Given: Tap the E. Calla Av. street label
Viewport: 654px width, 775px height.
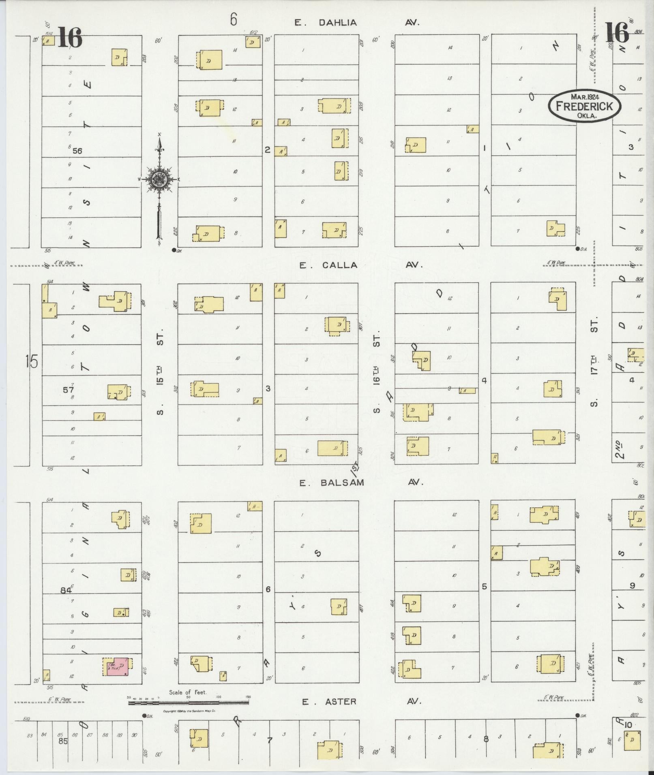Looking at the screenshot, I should pos(361,265).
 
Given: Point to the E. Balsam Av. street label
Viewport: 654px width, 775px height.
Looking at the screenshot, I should pos(361,483).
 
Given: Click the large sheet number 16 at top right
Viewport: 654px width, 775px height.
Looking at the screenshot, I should pos(617,32).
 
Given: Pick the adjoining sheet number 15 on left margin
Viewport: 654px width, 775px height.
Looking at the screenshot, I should pos(31,361).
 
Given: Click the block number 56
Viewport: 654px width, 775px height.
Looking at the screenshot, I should pos(77,151).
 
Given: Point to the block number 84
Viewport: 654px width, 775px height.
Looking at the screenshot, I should pos(66,590).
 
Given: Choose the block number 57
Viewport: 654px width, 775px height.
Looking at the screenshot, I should pos(68,390).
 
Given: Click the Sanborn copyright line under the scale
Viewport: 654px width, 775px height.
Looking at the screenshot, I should pos(189,711).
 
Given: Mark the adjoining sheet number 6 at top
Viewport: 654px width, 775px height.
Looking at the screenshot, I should pos(233,19).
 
